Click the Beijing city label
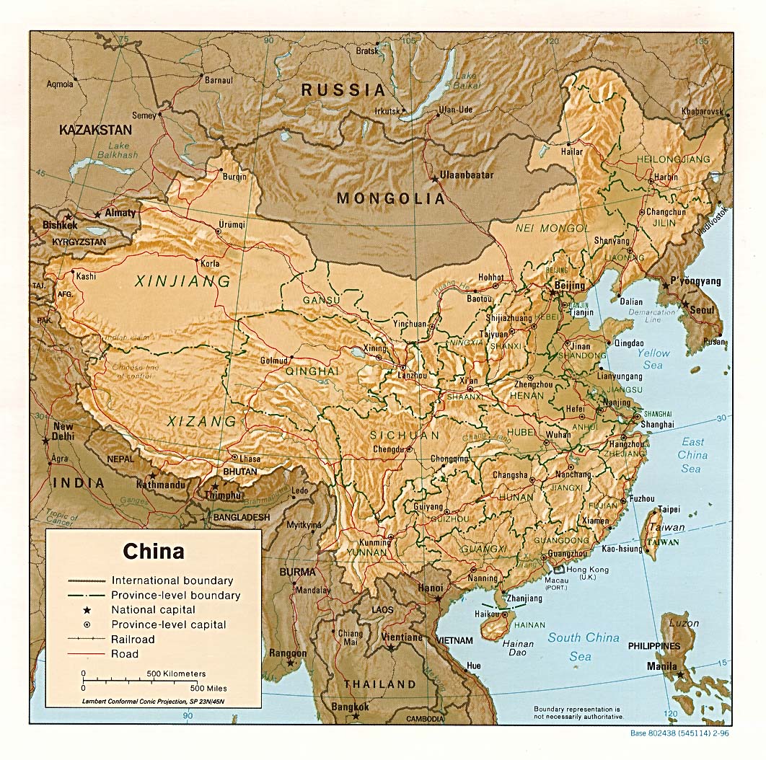point(570,286)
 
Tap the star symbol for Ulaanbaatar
point(434,179)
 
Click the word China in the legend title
point(153,552)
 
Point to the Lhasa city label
point(250,459)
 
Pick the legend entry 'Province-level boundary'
point(175,596)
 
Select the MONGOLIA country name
point(390,198)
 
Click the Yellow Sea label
point(653,359)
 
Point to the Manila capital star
point(681,676)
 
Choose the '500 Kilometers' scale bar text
point(176,673)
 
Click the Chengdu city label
point(389,449)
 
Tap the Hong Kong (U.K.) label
point(588,573)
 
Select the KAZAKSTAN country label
point(96,131)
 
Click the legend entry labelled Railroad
point(133,639)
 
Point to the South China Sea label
point(583,647)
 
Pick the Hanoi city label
point(430,588)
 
